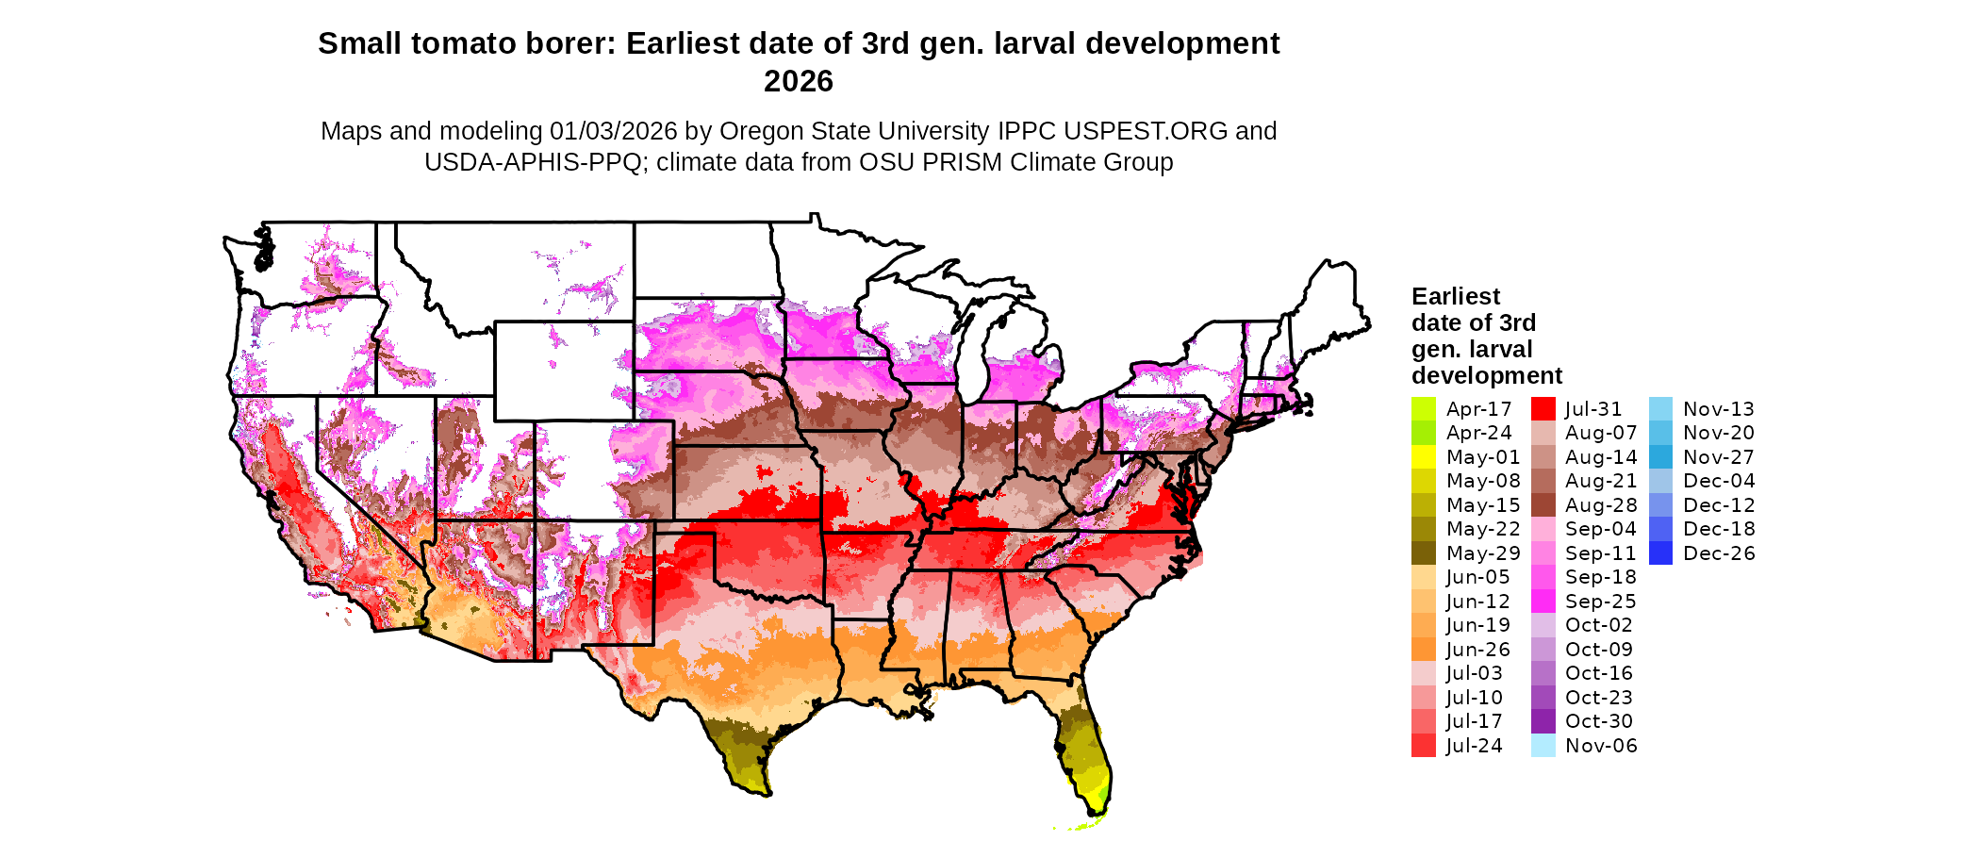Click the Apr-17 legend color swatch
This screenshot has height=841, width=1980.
pyautogui.click(x=1424, y=409)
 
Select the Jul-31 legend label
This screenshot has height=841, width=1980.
pyautogui.click(x=1593, y=409)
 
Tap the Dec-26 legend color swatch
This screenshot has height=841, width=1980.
pyautogui.click(x=1661, y=553)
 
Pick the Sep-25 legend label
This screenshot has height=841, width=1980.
pyautogui.click(x=1601, y=602)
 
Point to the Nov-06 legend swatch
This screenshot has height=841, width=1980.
pyautogui.click(x=1543, y=746)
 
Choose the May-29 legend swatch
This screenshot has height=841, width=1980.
pyautogui.click(x=1424, y=553)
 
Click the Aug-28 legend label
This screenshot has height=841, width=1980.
pyautogui.click(x=1601, y=505)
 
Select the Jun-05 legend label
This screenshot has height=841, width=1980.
pyautogui.click(x=1478, y=577)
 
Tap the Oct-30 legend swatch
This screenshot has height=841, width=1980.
pyautogui.click(x=1543, y=721)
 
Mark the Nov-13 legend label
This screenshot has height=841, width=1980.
pyautogui.click(x=1719, y=409)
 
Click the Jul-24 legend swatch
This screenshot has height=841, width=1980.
pyautogui.click(x=1424, y=746)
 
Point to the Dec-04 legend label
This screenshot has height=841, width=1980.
pyautogui.click(x=1719, y=481)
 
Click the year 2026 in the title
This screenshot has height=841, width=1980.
pyautogui.click(x=799, y=81)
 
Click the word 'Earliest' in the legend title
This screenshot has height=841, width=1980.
pyautogui.click(x=1456, y=296)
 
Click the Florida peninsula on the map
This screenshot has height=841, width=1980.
pyautogui.click(x=1089, y=754)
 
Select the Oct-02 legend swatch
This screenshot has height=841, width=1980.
pyautogui.click(x=1543, y=625)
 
